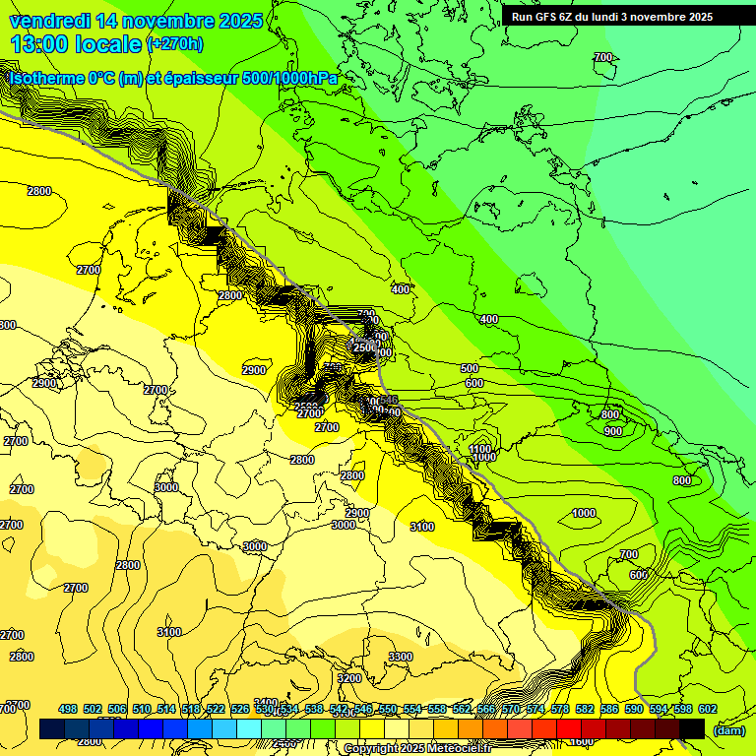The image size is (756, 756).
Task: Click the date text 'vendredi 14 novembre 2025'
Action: (x=136, y=21)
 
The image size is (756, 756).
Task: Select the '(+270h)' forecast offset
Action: (x=175, y=43)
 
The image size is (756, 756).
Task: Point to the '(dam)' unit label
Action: (x=727, y=729)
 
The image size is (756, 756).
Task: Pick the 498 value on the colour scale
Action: (x=68, y=709)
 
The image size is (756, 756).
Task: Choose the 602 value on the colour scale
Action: (x=707, y=709)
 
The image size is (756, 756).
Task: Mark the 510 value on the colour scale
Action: (x=142, y=709)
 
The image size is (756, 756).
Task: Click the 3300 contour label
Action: (x=401, y=657)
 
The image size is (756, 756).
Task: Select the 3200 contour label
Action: (x=349, y=678)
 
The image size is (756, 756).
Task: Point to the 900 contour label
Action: (x=612, y=431)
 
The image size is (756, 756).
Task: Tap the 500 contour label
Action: (x=470, y=368)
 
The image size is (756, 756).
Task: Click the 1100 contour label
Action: (x=480, y=448)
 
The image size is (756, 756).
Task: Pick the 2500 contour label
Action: (x=363, y=346)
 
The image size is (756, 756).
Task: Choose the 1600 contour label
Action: (x=582, y=741)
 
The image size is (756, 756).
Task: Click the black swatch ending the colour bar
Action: (x=692, y=729)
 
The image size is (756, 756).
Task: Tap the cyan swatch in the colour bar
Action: (x=250, y=729)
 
